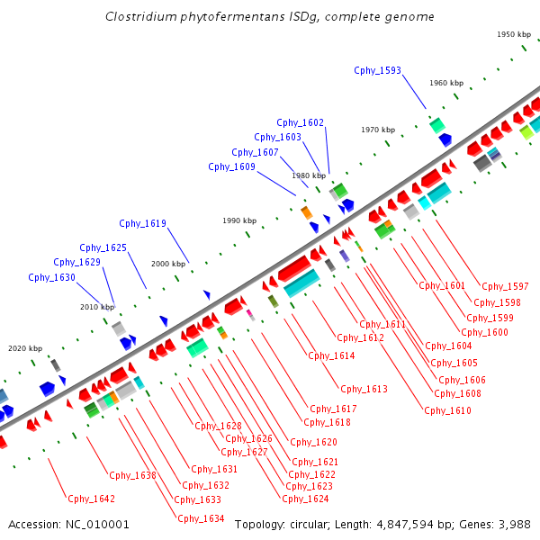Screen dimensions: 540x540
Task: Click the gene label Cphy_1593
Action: [377, 70]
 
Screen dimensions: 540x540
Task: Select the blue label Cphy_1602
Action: [300, 122]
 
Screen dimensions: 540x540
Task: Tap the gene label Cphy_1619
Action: [142, 223]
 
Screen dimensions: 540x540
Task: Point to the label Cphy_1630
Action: [51, 277]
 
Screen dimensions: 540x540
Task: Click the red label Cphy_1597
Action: [505, 286]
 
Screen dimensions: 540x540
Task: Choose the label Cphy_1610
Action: [447, 410]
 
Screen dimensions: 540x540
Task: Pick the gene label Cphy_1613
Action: [364, 389]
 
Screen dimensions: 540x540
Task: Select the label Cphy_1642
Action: [91, 499]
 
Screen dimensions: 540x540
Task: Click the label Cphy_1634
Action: [201, 518]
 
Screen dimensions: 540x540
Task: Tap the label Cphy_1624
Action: [305, 499]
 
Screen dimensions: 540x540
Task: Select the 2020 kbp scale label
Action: [25, 348]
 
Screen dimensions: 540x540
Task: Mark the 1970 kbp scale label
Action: [379, 130]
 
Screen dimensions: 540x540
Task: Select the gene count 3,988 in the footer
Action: [514, 524]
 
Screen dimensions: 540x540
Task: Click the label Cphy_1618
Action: [327, 422]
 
